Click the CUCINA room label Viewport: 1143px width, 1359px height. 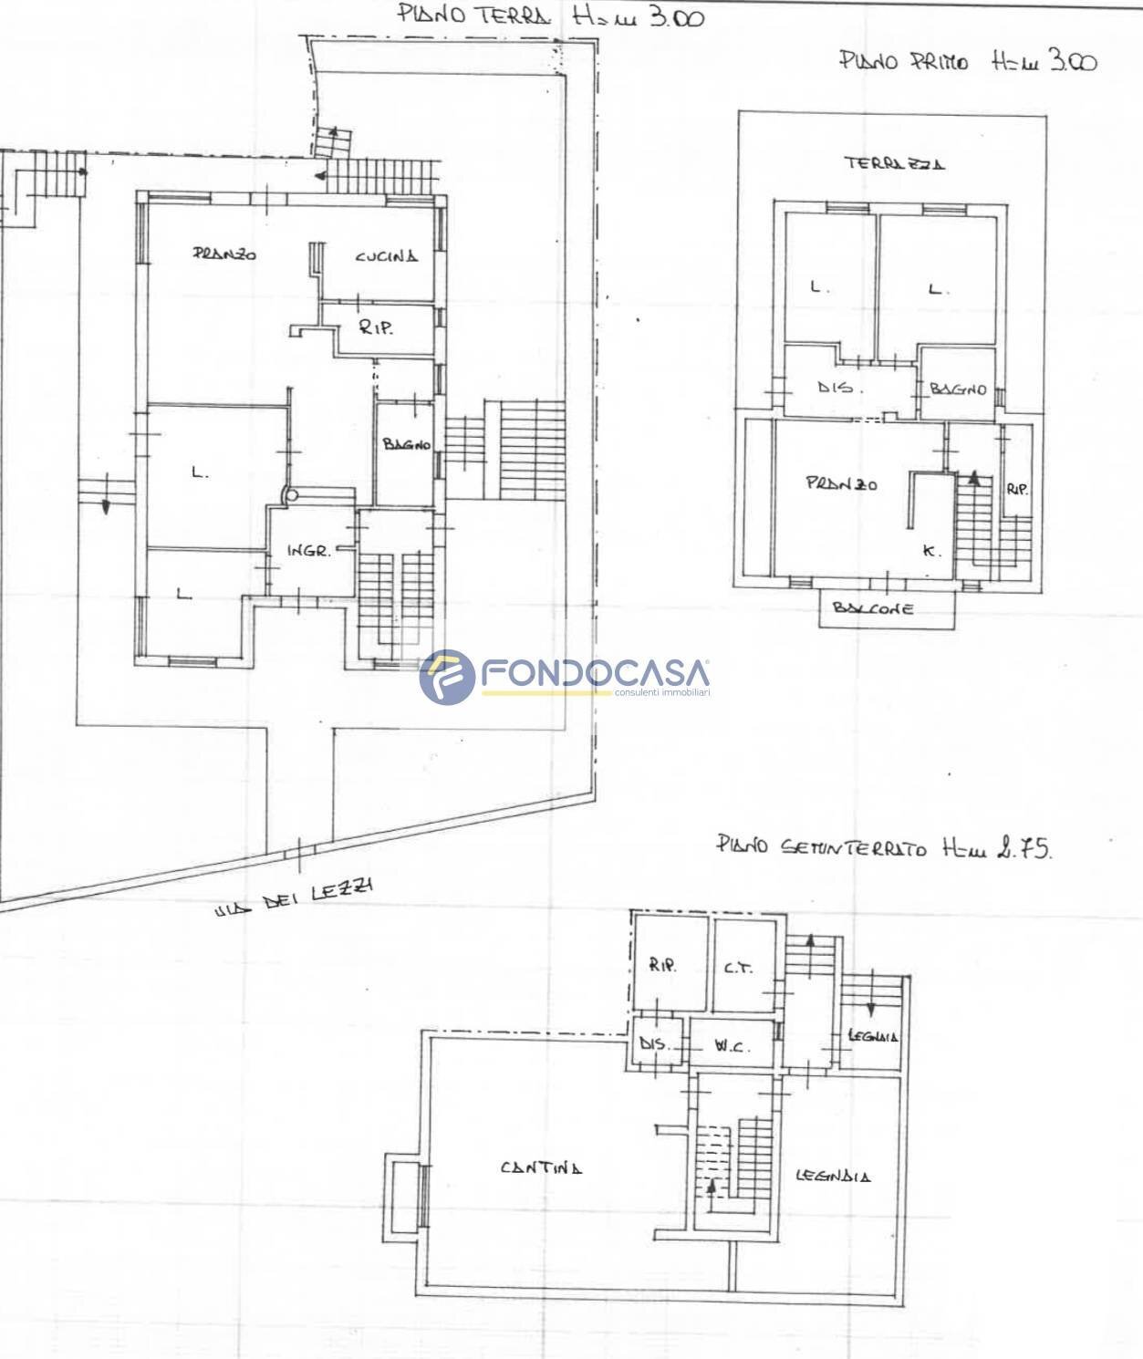(387, 256)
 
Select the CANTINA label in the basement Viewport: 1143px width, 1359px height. (541, 1167)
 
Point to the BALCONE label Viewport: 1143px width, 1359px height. (873, 608)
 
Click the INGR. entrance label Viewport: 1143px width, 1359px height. (308, 551)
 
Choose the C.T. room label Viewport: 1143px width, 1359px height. (738, 968)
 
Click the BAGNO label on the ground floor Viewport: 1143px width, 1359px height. (406, 445)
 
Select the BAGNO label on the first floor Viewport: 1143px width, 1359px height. (958, 389)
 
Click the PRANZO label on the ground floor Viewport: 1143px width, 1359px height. (224, 254)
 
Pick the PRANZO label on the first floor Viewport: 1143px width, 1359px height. (841, 483)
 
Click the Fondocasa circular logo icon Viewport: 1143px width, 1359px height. (447, 677)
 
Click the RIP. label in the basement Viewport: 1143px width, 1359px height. (663, 966)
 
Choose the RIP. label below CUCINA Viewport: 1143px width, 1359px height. (376, 327)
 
